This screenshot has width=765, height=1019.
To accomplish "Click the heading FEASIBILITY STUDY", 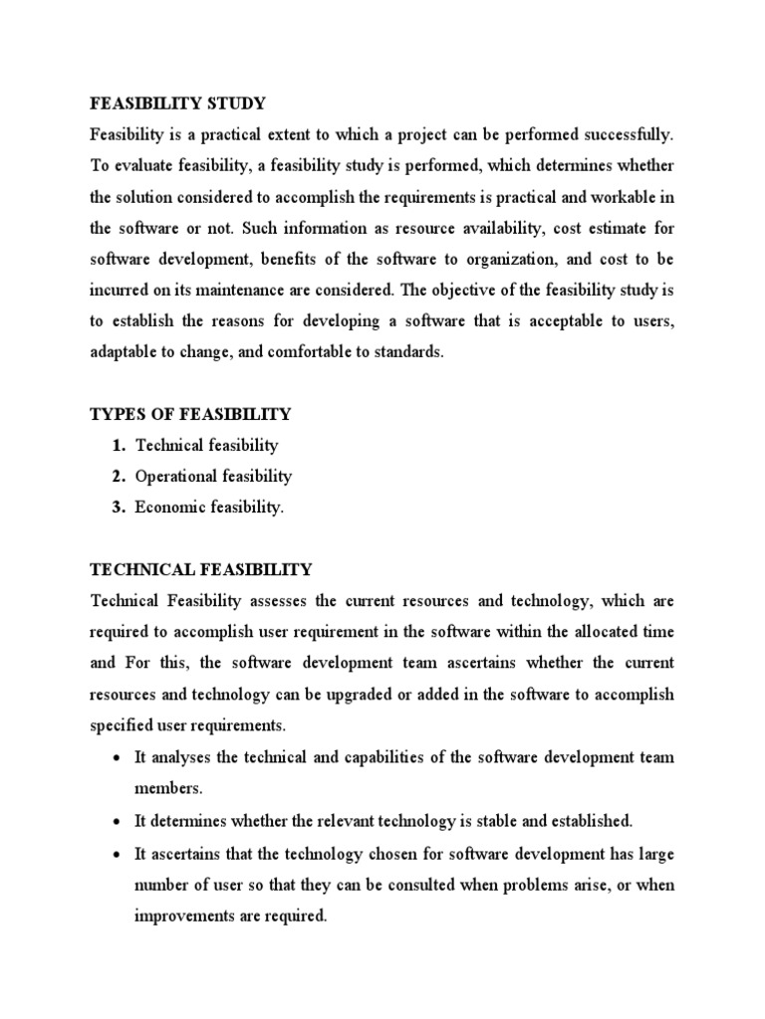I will (x=179, y=103).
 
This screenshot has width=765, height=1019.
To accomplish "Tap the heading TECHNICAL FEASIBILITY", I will (x=201, y=570).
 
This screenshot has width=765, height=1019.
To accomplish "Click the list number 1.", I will (x=118, y=446).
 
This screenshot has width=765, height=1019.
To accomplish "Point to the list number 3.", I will (x=118, y=508).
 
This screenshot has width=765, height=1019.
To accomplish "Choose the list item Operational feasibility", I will (x=214, y=477).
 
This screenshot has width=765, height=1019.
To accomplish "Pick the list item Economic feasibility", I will (x=210, y=508).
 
